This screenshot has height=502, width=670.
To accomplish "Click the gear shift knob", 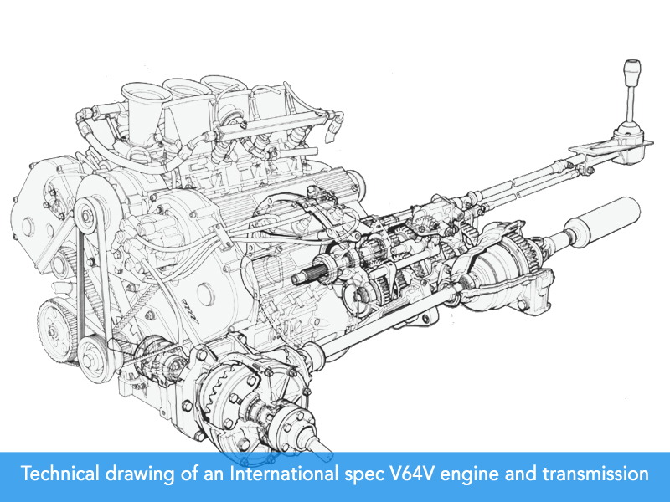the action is pos(632,73).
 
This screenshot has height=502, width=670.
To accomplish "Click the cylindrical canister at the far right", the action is pos(603,222).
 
